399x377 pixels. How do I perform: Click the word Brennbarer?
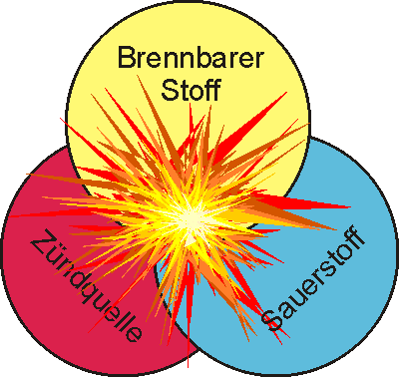click(190, 58)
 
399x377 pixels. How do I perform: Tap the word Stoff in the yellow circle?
click(190, 93)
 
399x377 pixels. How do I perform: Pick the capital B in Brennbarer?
click(126, 58)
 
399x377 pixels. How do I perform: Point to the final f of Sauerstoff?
click(356, 236)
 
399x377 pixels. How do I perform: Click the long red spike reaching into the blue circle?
click(319, 208)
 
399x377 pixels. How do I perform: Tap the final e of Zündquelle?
click(144, 337)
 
